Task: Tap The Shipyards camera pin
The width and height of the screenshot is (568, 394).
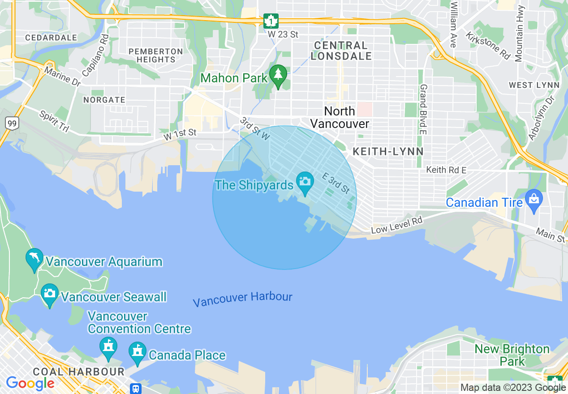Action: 305,182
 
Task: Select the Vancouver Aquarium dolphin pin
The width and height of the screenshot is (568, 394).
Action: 34,259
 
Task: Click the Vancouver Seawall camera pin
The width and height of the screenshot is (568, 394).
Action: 49,294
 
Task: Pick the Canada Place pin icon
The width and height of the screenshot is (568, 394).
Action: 137,352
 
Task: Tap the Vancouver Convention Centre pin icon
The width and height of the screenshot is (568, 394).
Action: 108,347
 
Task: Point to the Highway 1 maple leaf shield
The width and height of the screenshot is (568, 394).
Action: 271,21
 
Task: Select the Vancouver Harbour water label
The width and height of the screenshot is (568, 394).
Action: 242,299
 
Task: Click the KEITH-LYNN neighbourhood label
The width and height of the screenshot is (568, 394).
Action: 388,152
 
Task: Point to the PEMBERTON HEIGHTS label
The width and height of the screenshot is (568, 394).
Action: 155,56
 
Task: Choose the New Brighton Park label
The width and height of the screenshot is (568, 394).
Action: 512,355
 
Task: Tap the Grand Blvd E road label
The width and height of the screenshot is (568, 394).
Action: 423,109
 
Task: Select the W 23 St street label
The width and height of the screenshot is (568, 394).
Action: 283,34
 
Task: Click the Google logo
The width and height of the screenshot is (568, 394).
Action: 30,383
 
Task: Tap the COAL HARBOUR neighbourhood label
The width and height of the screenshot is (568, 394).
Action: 78,372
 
